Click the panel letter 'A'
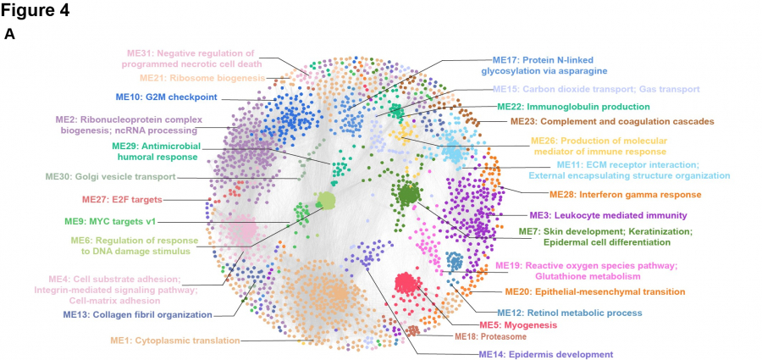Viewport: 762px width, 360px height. click(x=9, y=35)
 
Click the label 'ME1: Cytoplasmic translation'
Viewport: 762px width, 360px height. click(x=174, y=341)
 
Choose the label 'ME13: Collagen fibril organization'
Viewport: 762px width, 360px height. click(x=137, y=315)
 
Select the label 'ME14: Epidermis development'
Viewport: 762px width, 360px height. click(x=545, y=354)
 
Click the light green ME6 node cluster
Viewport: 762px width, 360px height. click(x=326, y=202)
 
